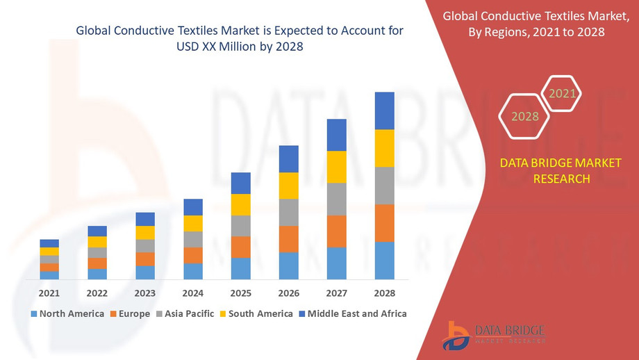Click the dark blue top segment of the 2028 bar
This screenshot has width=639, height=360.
tap(384, 111)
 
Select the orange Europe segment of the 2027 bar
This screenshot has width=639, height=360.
tap(336, 231)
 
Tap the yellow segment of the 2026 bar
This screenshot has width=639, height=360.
tap(288, 186)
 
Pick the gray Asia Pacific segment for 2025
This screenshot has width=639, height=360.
tap(240, 225)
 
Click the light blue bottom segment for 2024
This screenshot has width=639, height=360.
tap(192, 271)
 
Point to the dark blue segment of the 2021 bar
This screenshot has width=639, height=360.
tap(49, 243)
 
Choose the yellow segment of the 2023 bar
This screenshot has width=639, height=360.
tap(145, 233)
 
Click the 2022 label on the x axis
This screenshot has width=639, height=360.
tap(97, 293)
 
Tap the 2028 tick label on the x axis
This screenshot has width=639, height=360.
tap(384, 293)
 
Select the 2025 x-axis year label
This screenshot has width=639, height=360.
tap(240, 293)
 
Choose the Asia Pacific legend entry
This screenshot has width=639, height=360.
tap(184, 313)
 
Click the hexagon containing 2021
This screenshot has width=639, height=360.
tap(561, 93)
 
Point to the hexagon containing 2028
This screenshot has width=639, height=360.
tap(525, 116)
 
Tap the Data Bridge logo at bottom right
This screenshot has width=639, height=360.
tap(494, 335)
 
